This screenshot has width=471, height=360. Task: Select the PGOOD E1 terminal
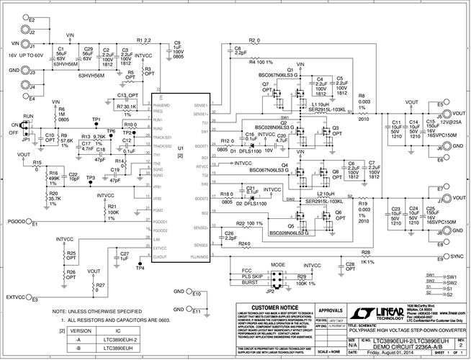pyautogui.click(x=32, y=224)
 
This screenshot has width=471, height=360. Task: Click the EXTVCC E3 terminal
pyautogui.click(x=32, y=296)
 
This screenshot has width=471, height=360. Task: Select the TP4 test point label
pyautogui.click(x=140, y=268)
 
